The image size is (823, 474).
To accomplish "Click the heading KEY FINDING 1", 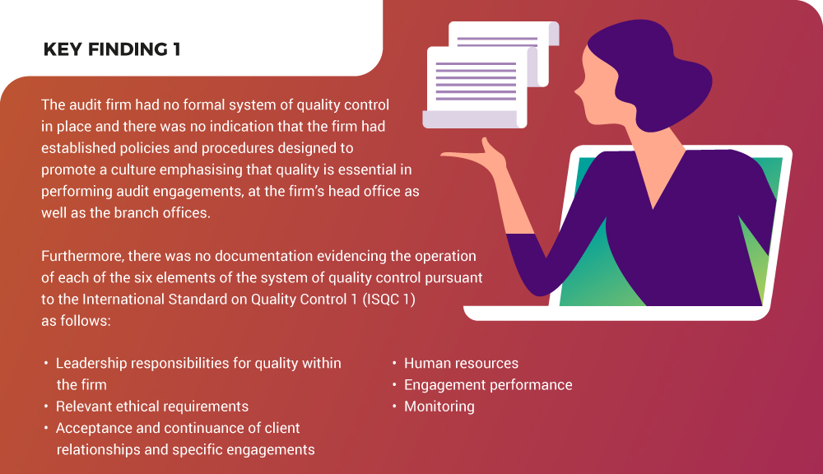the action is [x=112, y=49].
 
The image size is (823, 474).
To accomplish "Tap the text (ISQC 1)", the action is [x=389, y=300].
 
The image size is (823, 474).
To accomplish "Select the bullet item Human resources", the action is [x=461, y=363].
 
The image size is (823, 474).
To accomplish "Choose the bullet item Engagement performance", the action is [x=488, y=385].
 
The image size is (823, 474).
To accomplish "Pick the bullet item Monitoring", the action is [x=439, y=407].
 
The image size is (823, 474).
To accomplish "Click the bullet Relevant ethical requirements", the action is [x=152, y=407].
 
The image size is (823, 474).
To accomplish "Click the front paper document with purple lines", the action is [x=477, y=86].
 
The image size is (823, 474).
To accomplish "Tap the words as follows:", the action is [x=76, y=321].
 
